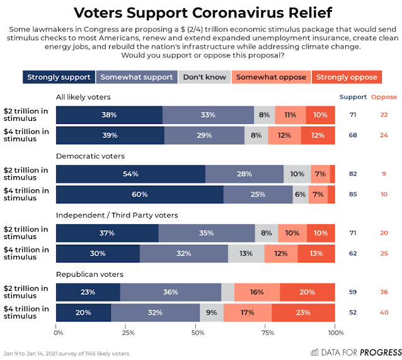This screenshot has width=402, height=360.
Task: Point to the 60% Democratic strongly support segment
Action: coord(139,194)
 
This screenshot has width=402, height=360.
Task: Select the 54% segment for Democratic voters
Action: coord(130,174)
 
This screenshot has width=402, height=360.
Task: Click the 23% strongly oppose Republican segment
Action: coord(303,313)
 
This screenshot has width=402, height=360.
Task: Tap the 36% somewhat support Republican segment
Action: coord(170,293)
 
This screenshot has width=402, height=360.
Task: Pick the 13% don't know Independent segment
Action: coord(246,254)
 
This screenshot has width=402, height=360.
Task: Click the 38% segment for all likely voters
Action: coord(109,115)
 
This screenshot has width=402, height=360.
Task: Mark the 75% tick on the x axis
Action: coord(266,332)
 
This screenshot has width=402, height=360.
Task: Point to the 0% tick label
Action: coord(58,332)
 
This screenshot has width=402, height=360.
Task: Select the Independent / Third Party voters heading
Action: coord(117,215)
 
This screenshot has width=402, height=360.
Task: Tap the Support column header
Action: coord(352,97)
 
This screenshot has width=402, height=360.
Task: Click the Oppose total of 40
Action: coord(384,313)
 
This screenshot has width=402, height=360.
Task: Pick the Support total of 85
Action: coord(352,194)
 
